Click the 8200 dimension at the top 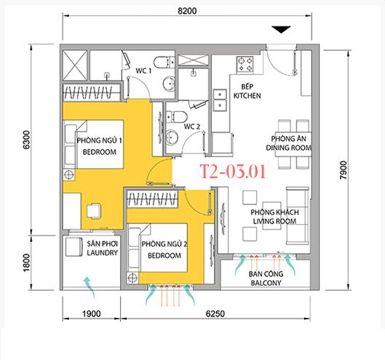tap(187, 11)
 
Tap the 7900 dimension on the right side tap(344, 169)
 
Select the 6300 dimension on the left tap(26, 140)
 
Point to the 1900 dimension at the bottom tap(92, 314)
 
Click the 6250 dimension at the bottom tap(215, 314)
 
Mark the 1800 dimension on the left tap(26, 263)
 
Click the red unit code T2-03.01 tap(232, 172)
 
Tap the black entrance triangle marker tap(281, 29)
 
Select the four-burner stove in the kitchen tap(245, 64)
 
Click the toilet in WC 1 tap(164, 62)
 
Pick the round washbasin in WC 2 tap(172, 137)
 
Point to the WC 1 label tap(143, 71)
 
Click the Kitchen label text tap(247, 96)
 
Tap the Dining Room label tap(288, 148)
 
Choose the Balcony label tap(266, 283)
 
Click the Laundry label tap(103, 252)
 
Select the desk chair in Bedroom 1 tap(94, 211)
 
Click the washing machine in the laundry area tap(74, 247)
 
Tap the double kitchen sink tap(220, 100)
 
